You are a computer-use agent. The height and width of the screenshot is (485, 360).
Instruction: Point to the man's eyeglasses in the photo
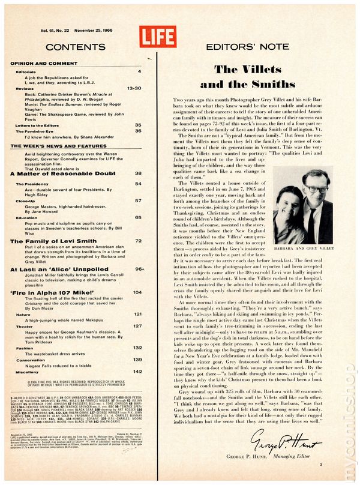315,188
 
